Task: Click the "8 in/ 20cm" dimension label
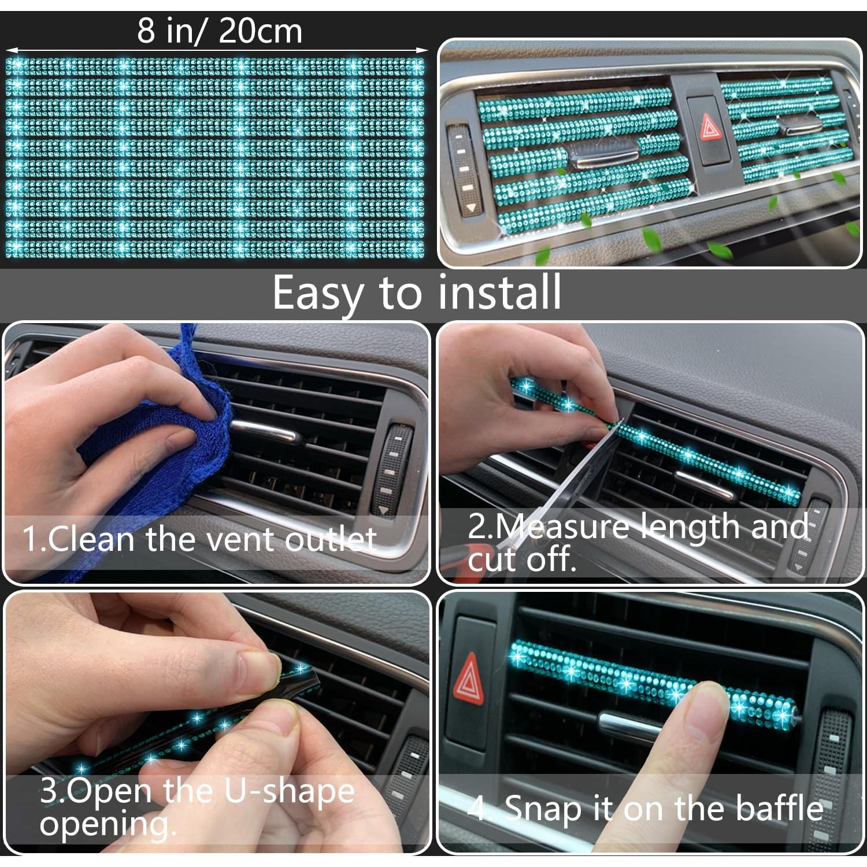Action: click(220, 31)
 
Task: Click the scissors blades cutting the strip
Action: click(584, 462)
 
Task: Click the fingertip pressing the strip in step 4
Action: click(708, 694)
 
